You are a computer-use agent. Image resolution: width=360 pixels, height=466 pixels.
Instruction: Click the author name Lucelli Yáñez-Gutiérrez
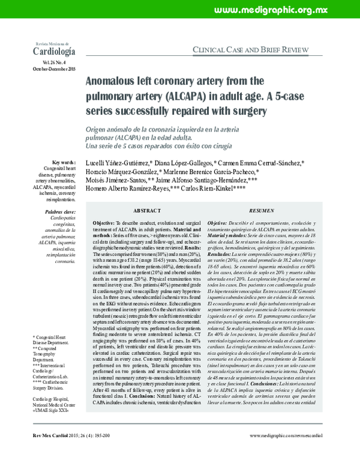[120, 163]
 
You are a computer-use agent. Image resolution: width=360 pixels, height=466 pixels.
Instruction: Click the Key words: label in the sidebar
[64, 163]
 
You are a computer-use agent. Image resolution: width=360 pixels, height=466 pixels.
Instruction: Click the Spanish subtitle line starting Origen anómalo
[182, 129]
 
